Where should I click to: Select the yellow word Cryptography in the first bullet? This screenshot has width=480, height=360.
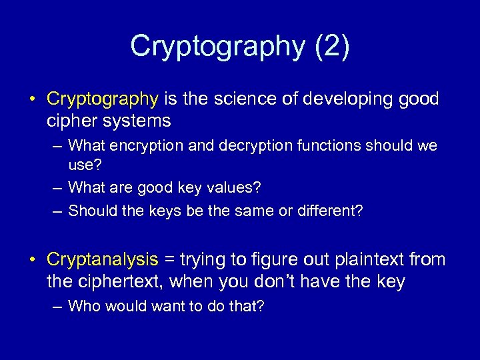pos(102,99)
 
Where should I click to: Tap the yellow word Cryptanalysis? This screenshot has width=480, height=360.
pos(103,259)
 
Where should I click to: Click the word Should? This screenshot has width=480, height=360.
pos(90,211)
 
